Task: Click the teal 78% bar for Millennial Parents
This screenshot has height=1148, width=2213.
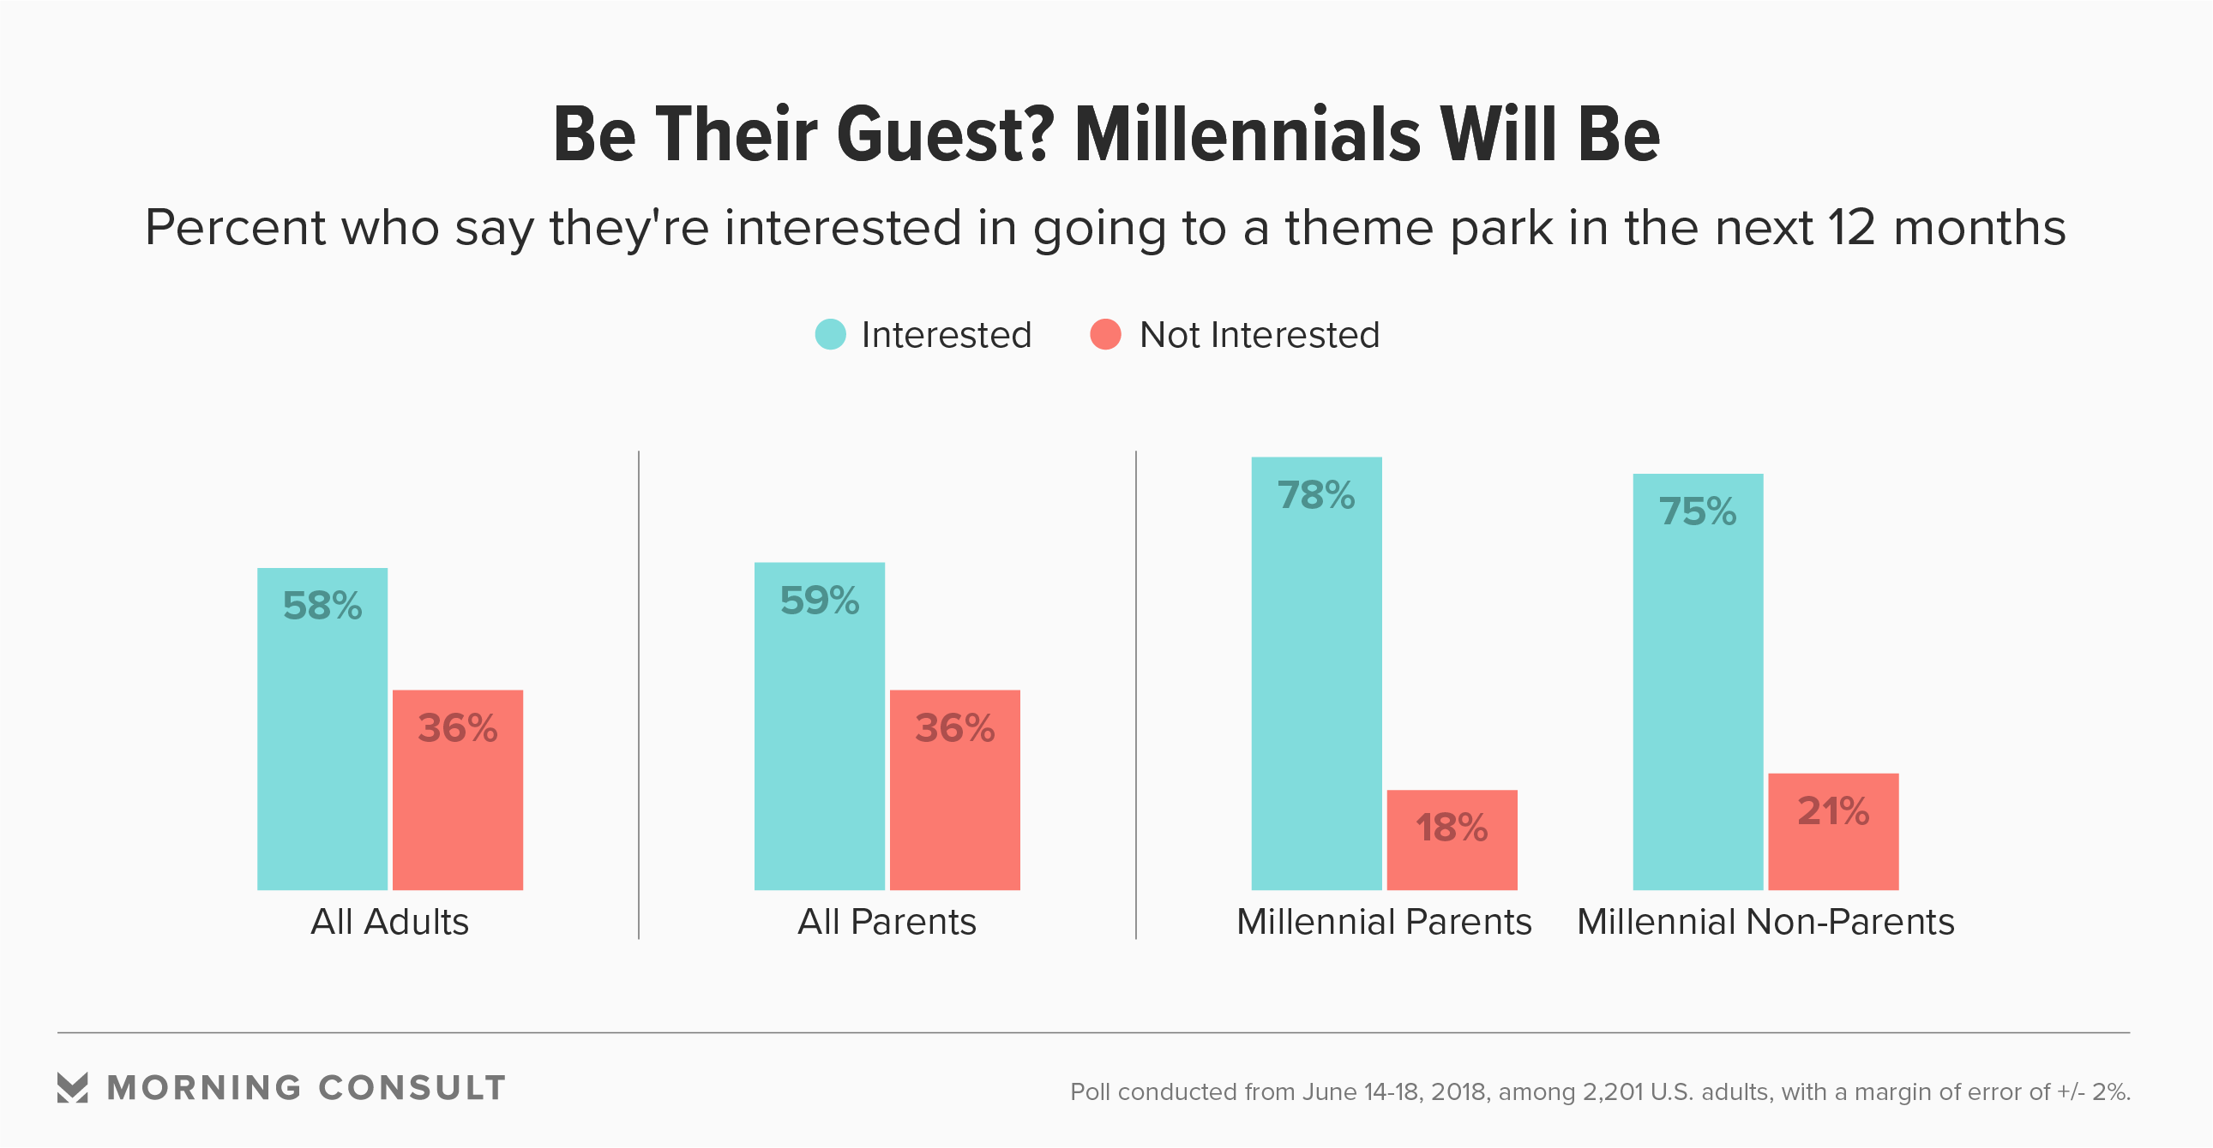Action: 1316,687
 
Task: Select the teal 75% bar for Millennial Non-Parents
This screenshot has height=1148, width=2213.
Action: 1698,696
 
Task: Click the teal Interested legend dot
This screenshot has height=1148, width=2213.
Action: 830,334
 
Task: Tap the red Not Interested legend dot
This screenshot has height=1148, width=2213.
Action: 1104,334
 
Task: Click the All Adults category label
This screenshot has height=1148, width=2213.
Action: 389,922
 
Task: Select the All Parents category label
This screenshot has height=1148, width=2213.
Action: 887,922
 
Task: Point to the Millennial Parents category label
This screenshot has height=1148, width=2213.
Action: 1384,922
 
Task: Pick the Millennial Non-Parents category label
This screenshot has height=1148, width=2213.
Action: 1765,922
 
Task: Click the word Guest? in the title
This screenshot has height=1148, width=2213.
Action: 945,135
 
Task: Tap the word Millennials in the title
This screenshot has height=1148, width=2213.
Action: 1248,135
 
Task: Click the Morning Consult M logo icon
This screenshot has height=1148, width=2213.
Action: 72,1087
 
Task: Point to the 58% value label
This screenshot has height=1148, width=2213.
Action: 322,607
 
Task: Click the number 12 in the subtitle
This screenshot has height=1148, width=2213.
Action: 1852,229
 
